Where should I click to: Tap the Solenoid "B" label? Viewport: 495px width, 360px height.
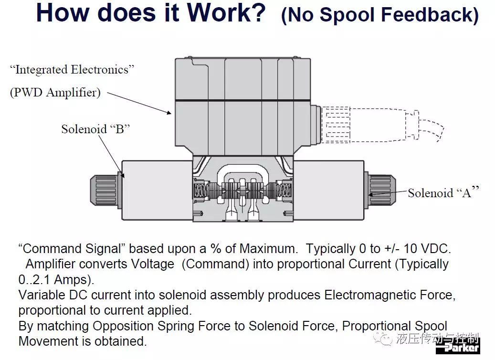pyautogui.click(x=95, y=129)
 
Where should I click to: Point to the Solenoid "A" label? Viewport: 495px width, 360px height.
pyautogui.click(x=443, y=192)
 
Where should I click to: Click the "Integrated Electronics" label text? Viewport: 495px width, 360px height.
pyautogui.click(x=72, y=70)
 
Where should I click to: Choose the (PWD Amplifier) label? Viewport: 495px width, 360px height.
pyautogui.click(x=55, y=93)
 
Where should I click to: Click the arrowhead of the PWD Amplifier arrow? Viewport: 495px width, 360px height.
pyautogui.click(x=169, y=112)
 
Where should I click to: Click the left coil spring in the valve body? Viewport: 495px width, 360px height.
pyautogui.click(x=201, y=190)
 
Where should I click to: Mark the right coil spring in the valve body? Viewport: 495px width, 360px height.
pyautogui.click(x=284, y=190)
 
